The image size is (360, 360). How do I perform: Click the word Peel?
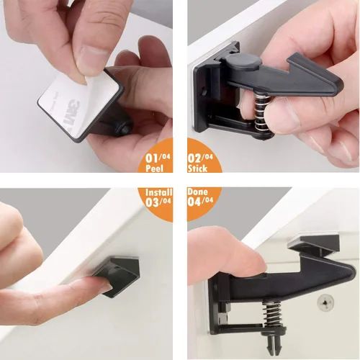click(x=154, y=168)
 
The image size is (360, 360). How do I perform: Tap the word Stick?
click(x=197, y=168)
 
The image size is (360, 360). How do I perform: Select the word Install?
click(x=159, y=192)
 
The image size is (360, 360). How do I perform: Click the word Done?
click(x=197, y=192)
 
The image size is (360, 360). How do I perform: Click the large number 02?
click(x=194, y=158)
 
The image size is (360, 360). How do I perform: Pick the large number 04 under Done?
click(x=194, y=202)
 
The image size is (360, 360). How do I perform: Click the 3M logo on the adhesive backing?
click(x=71, y=112)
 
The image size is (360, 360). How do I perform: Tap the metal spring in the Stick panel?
click(x=261, y=113)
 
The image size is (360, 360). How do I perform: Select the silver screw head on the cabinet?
click(x=325, y=302)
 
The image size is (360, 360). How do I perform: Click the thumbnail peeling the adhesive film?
click(x=91, y=60)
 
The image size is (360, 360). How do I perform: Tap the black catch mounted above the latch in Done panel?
click(x=313, y=246)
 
